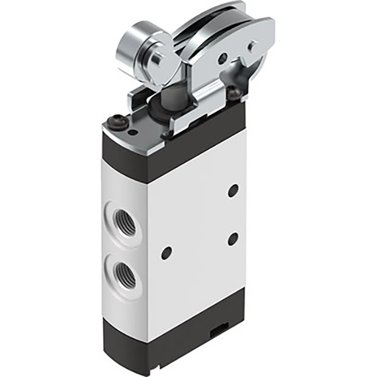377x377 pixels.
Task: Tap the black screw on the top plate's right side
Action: click(x=233, y=94)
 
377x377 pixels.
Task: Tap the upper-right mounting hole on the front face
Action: click(x=233, y=190)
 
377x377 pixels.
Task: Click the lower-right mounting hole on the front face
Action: click(x=233, y=238)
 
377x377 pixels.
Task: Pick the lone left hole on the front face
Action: click(x=166, y=252)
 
